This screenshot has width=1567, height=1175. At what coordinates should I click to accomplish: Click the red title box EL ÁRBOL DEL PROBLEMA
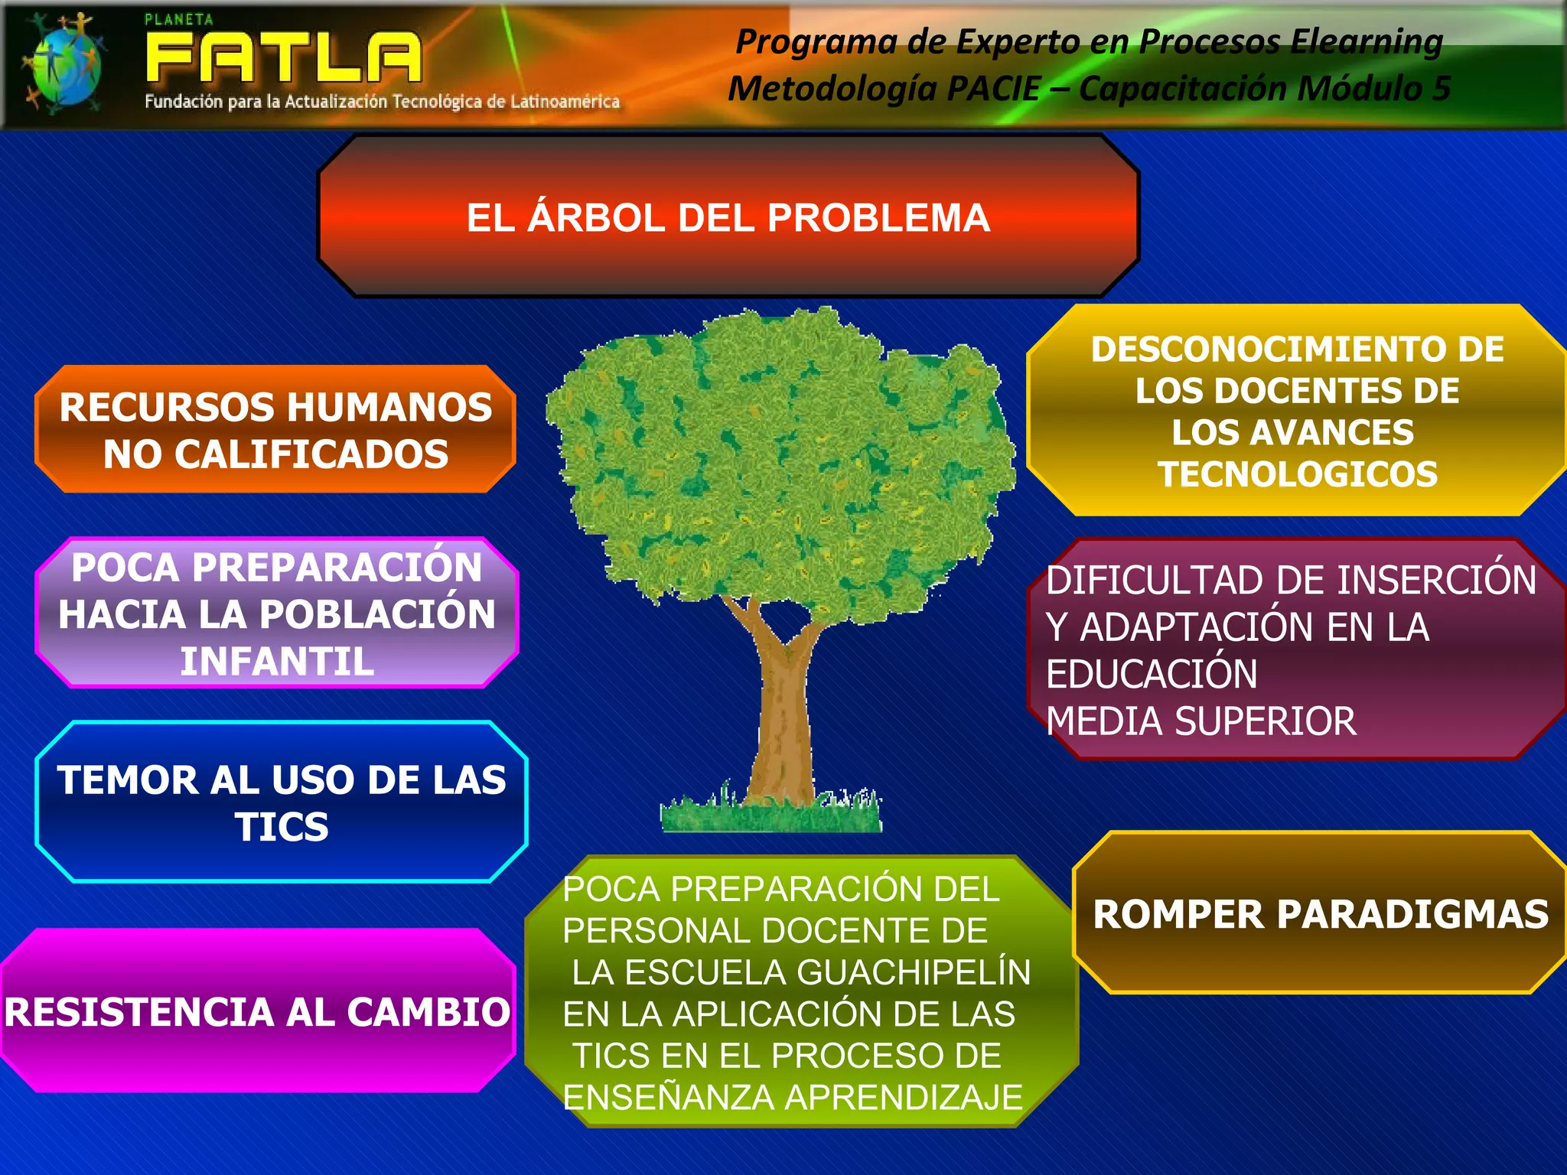click(728, 217)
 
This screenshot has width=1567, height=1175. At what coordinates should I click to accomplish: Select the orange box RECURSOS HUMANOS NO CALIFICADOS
click(275, 429)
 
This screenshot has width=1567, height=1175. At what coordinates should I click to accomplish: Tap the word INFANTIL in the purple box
click(277, 662)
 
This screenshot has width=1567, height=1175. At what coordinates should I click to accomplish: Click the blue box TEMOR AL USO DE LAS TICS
click(282, 802)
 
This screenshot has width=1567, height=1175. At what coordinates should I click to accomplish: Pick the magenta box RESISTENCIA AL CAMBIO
click(257, 1011)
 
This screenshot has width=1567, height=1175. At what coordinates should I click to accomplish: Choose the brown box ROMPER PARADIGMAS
click(1321, 913)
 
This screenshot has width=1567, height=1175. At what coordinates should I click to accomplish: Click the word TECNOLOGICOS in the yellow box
click(1298, 474)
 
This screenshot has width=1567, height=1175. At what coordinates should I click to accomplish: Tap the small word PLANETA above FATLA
click(179, 20)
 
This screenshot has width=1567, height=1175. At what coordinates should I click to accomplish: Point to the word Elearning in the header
click(1367, 41)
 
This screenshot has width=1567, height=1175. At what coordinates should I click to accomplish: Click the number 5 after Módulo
click(1442, 89)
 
